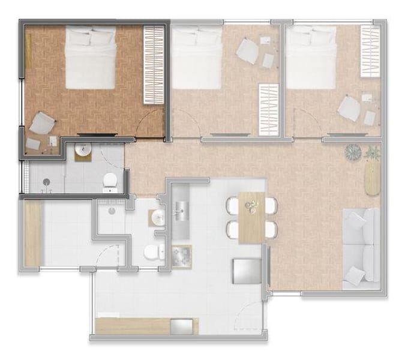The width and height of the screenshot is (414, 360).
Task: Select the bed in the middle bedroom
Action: point(197,58)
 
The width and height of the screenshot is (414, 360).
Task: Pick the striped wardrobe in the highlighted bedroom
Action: point(153,66)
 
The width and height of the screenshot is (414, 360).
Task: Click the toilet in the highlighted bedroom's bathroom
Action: point(110,181)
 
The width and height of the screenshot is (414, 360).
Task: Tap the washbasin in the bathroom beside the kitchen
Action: point(157,218)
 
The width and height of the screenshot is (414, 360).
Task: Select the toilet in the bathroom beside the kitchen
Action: point(152,252)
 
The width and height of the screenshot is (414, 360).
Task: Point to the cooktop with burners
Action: point(181,257)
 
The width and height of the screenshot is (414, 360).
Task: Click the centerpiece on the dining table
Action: point(251,206)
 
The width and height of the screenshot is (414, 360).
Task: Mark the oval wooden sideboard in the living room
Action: point(373,178)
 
